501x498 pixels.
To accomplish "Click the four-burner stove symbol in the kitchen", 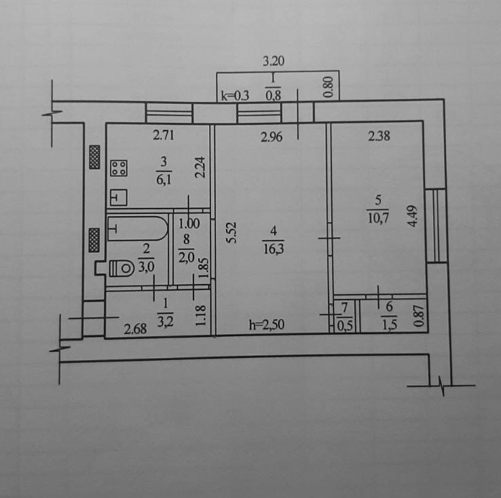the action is [x=119, y=168].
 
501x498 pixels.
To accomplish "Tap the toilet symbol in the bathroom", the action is [x=122, y=268].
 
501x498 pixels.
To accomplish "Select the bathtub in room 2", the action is [x=138, y=228].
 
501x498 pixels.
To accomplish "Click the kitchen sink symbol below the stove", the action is [x=119, y=197].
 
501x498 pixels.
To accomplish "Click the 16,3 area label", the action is [x=274, y=249].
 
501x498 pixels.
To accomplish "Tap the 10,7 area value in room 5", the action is [x=378, y=218].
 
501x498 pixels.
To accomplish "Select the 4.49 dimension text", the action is [x=413, y=216].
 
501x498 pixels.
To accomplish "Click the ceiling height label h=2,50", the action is [x=267, y=325].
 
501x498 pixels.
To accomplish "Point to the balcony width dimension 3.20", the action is [x=274, y=60].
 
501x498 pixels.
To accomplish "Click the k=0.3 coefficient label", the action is [x=235, y=95].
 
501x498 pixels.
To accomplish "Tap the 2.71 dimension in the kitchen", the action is [x=164, y=135].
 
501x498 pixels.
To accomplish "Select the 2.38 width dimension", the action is [x=379, y=136].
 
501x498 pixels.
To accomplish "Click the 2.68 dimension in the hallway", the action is [x=135, y=329].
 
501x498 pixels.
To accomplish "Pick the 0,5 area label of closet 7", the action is [x=345, y=326].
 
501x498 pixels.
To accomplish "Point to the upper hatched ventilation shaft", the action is [x=94, y=157].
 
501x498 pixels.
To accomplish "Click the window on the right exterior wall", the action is [x=436, y=226].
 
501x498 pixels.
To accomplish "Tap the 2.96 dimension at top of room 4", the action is [x=272, y=137].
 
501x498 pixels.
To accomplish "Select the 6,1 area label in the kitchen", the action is [x=164, y=179].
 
